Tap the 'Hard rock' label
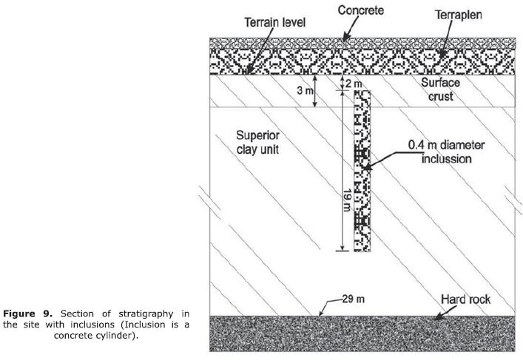tap(466, 300)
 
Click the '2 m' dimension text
tap(354, 83)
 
